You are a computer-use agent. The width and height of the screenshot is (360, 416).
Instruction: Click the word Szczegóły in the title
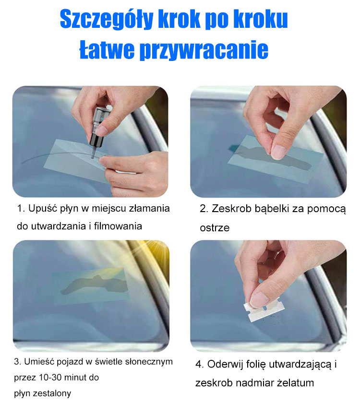click(107, 19)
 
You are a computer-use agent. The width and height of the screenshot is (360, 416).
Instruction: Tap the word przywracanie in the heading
click(204, 50)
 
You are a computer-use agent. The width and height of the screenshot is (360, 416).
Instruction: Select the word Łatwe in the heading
click(107, 49)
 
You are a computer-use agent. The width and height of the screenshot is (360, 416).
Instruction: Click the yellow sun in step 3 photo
click(157, 251)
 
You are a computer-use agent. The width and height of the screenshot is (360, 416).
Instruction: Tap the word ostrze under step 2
click(215, 227)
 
